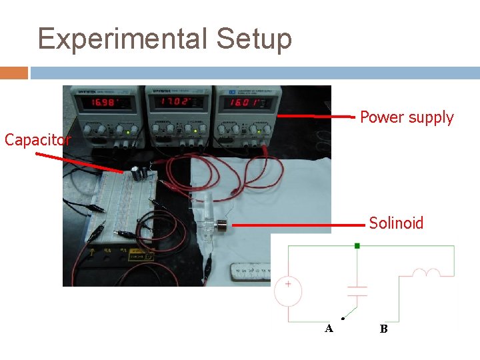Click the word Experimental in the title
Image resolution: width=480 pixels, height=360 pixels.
(x=122, y=39)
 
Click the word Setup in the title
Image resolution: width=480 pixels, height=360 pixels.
(x=253, y=39)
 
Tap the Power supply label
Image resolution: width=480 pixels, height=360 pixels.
(x=407, y=118)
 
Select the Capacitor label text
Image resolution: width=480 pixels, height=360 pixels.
(x=37, y=140)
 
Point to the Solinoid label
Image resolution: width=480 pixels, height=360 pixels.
(x=396, y=223)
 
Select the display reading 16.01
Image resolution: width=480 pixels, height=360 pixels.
(x=246, y=103)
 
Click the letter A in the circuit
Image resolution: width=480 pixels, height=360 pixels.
(x=329, y=328)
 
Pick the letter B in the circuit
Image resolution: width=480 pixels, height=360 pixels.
(x=383, y=328)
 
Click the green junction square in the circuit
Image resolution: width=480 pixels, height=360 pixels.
(x=357, y=246)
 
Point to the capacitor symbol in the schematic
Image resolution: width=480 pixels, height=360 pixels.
(x=358, y=291)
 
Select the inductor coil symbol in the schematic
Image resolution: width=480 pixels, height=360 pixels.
(x=426, y=273)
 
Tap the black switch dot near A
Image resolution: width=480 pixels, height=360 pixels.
(x=343, y=318)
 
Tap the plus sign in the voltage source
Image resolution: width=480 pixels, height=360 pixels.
(x=288, y=284)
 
